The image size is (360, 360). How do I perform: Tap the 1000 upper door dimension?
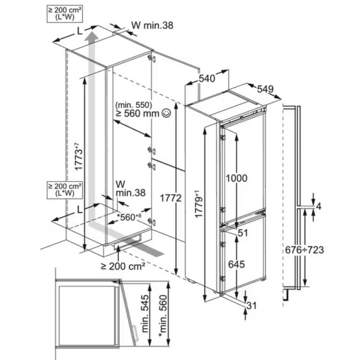pyautogui.click(x=237, y=178)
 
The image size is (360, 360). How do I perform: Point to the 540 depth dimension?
pyautogui.click(x=206, y=78)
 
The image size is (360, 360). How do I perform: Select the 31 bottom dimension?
pyautogui.click(x=251, y=306)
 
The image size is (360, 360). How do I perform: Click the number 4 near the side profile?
pyautogui.click(x=319, y=207)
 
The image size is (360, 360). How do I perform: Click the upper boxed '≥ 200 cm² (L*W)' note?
pyautogui.click(x=62, y=12)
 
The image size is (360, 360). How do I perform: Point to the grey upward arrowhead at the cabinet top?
pyautogui.click(x=91, y=38)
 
